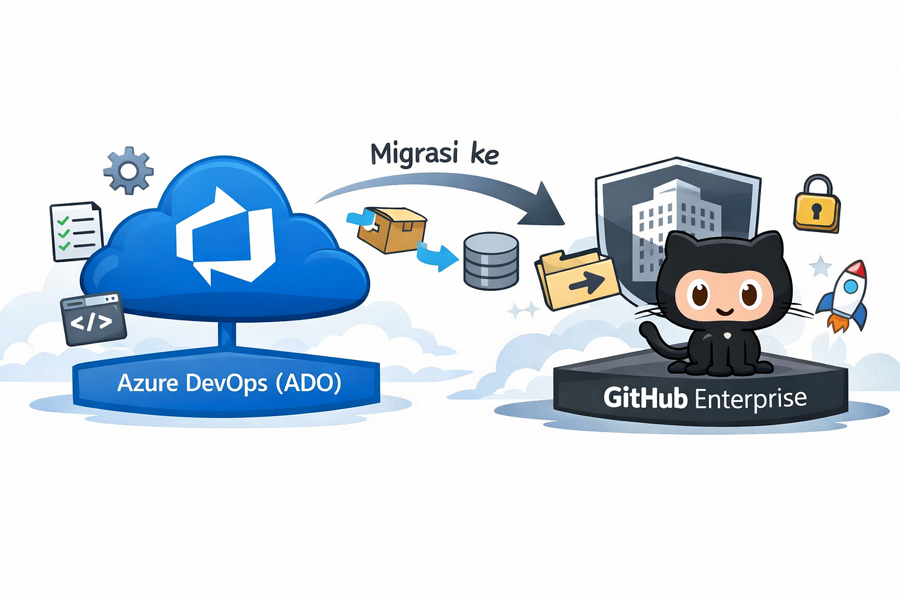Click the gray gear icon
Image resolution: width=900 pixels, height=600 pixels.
tap(128, 170)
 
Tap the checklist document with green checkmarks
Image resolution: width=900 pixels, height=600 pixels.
tap(76, 231)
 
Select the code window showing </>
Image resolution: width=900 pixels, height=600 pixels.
tap(93, 318)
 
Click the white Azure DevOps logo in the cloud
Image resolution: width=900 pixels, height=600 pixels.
tap(226, 235)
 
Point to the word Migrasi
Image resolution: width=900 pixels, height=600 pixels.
tap(414, 154)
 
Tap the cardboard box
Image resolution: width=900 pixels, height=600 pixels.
tap(392, 230)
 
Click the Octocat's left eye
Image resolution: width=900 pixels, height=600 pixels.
tap(699, 293)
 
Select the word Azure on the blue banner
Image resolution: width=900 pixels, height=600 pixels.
tap(147, 383)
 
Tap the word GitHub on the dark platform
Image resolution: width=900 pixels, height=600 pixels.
tap(645, 398)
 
